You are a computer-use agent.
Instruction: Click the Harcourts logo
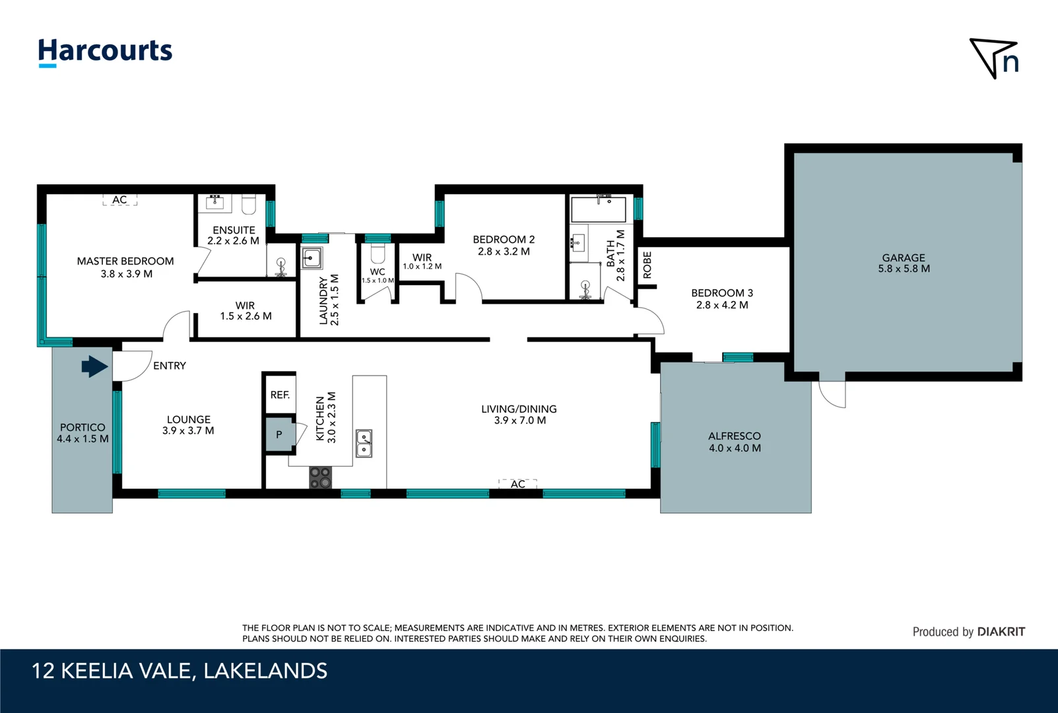[x=105, y=51]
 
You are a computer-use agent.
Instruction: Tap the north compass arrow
[x=993, y=59]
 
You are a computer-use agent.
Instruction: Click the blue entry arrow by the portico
[x=94, y=366]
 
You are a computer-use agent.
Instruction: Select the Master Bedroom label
[x=125, y=261]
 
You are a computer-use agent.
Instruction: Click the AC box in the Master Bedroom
[x=119, y=199]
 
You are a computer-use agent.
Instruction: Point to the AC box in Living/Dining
[x=518, y=484]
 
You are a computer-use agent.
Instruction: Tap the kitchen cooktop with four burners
[x=321, y=477]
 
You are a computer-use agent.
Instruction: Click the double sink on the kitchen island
[x=364, y=444]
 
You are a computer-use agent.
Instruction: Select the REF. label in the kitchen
[x=280, y=395]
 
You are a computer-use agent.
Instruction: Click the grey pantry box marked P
[x=279, y=434]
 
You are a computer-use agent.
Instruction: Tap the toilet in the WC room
[x=378, y=254]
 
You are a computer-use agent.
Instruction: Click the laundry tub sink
[x=312, y=257]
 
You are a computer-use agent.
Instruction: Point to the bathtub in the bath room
[x=598, y=210]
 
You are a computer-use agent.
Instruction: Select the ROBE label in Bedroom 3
[x=647, y=265]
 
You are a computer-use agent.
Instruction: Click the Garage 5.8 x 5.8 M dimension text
[x=904, y=269]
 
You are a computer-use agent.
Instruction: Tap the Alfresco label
[x=734, y=436]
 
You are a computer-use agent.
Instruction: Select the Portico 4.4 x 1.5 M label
[x=83, y=433]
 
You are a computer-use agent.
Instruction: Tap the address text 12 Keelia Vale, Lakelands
[x=180, y=671]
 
